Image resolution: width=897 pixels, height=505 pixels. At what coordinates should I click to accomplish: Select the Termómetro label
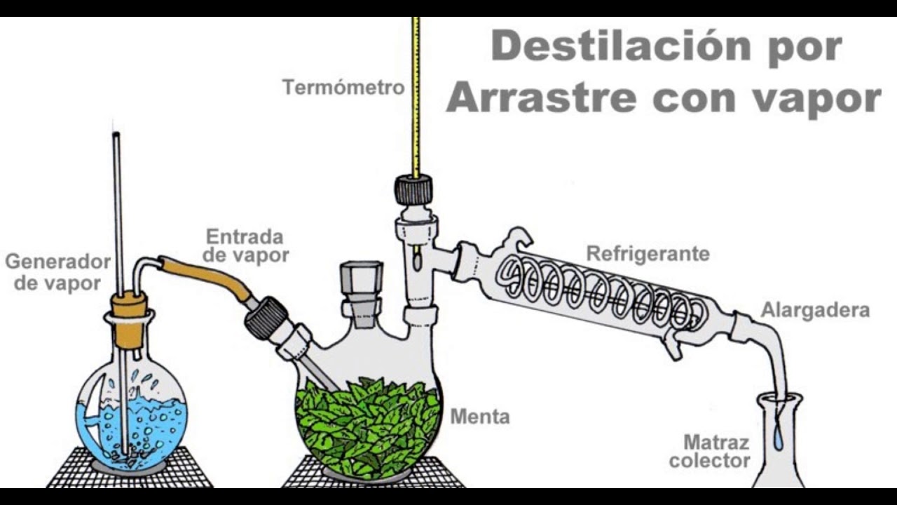click(343, 88)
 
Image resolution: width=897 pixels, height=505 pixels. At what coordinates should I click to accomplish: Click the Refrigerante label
click(648, 254)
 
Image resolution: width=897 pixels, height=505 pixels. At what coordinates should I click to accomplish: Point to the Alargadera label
click(815, 310)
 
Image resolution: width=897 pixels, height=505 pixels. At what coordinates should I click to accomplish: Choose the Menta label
click(479, 417)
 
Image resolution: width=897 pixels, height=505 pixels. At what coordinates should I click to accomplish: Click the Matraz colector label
click(709, 452)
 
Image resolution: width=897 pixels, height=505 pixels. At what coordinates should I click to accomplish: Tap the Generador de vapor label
click(57, 272)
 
